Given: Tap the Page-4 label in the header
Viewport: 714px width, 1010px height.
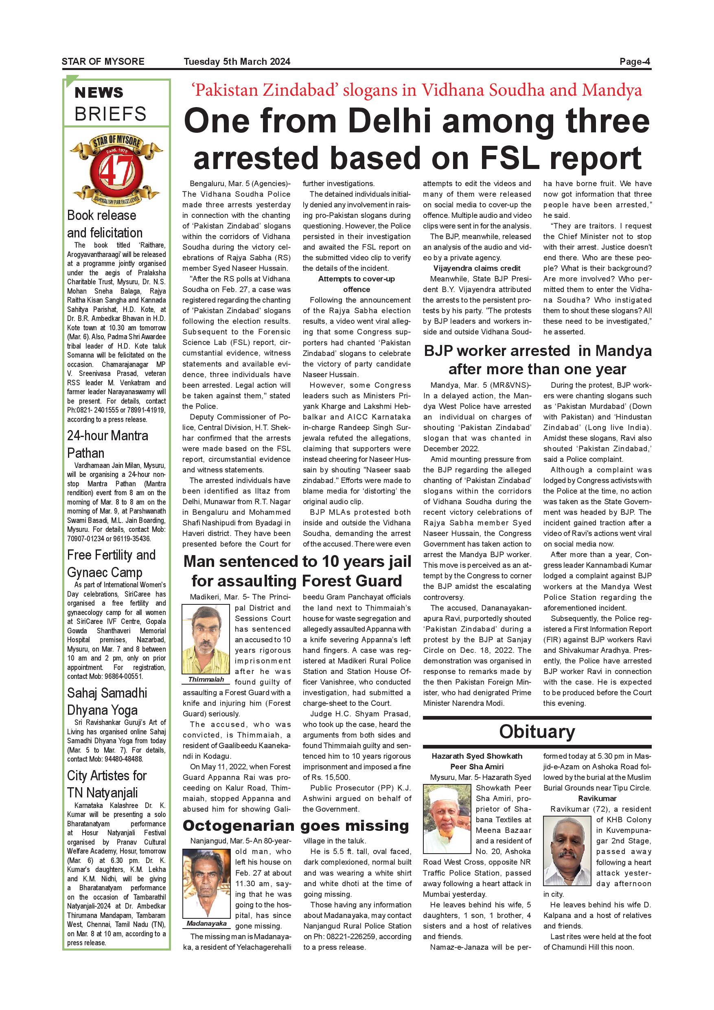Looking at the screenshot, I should tap(635, 61).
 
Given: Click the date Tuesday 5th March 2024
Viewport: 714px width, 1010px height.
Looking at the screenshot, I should tap(237, 61).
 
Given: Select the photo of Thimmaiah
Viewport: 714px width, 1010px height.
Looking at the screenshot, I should tap(206, 639).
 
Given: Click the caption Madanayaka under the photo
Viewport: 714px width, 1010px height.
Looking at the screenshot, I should tap(206, 923).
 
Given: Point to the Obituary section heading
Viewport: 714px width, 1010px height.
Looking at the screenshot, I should tap(537, 731).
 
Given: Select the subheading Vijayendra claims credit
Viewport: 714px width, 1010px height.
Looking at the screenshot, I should tap(477, 268).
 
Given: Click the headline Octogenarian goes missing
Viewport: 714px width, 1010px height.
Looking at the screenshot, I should tap(296, 826).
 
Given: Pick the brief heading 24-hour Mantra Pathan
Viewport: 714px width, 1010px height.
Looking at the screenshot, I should tap(108, 444).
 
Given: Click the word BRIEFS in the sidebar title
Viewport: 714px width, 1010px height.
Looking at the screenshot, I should tap(110, 114).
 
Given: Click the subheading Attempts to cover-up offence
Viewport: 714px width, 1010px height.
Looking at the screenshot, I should tap(357, 284).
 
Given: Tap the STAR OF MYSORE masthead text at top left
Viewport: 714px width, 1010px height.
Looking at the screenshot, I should tap(103, 61).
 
